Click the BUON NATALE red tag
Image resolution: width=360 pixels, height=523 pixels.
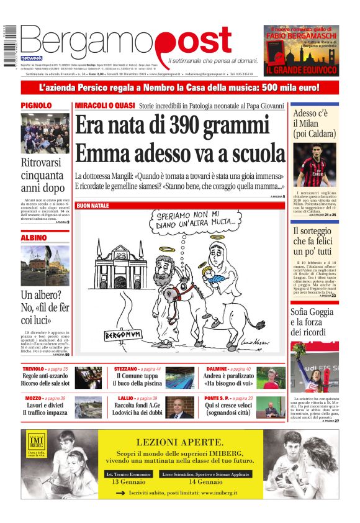92,206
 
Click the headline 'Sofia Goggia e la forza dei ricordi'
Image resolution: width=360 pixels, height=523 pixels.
314,322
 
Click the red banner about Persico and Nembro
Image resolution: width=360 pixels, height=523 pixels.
179,88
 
